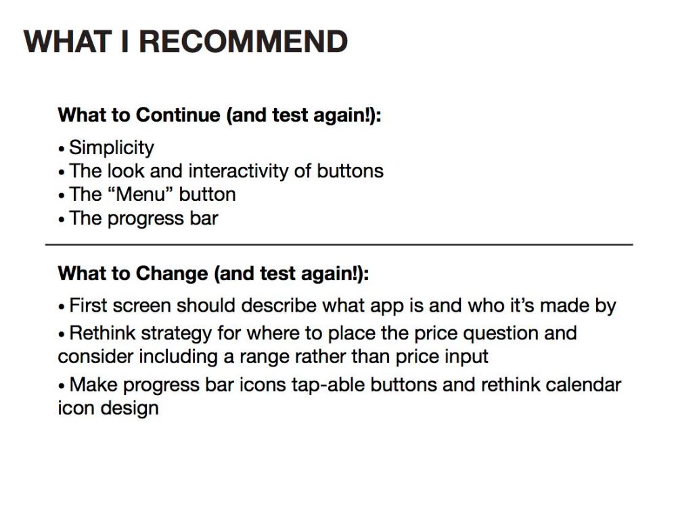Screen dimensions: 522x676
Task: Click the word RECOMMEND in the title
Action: (x=244, y=41)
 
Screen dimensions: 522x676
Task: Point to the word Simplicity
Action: (x=112, y=147)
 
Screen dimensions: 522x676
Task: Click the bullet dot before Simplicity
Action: (x=62, y=149)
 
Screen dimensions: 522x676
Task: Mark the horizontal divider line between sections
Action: (x=338, y=244)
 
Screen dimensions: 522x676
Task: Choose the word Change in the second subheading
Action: (x=172, y=273)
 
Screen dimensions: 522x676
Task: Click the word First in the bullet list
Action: (x=86, y=306)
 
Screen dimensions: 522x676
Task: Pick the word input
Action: (x=465, y=356)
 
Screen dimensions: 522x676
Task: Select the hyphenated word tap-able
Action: (x=328, y=385)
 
